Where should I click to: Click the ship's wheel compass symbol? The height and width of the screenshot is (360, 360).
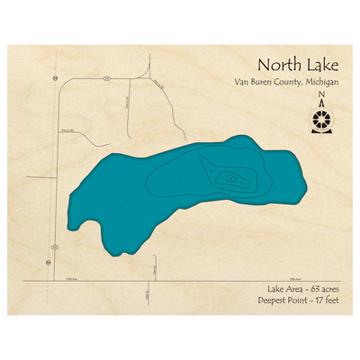tap(321, 121)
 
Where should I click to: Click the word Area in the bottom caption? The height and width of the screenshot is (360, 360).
tap(285, 290)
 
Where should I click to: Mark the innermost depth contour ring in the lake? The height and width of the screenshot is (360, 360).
tap(231, 179)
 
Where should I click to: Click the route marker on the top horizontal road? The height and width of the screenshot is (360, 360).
tap(107, 79)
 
